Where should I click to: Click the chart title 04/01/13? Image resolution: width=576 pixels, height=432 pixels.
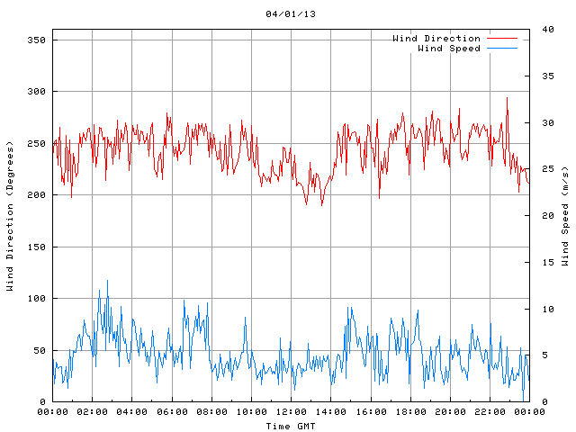click(291, 14)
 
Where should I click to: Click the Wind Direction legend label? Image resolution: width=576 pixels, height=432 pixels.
click(436, 39)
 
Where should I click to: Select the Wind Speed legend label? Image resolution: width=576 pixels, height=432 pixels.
click(448, 49)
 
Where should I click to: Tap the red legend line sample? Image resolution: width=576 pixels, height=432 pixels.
click(502, 39)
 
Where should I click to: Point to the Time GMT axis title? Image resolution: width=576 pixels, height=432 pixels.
click(291, 425)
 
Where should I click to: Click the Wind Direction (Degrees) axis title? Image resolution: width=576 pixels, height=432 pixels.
click(10, 216)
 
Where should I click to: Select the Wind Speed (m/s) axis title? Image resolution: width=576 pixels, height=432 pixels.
click(564, 216)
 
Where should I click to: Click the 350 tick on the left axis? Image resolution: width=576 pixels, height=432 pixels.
click(36, 40)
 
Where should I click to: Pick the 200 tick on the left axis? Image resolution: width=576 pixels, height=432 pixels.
click(36, 195)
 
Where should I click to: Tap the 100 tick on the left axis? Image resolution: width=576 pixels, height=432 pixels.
click(36, 299)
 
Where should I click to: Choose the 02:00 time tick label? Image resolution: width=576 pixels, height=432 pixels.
click(92, 411)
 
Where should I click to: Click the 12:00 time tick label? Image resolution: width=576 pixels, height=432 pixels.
click(291, 411)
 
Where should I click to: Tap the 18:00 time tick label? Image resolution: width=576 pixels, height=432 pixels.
click(409, 411)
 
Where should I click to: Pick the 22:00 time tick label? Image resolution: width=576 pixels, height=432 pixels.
click(489, 411)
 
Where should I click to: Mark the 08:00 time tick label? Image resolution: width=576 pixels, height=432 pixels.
click(211, 411)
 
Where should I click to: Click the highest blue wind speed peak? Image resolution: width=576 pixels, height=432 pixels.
click(108, 281)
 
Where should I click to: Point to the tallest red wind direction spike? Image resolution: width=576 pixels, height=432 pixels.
click(507, 98)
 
